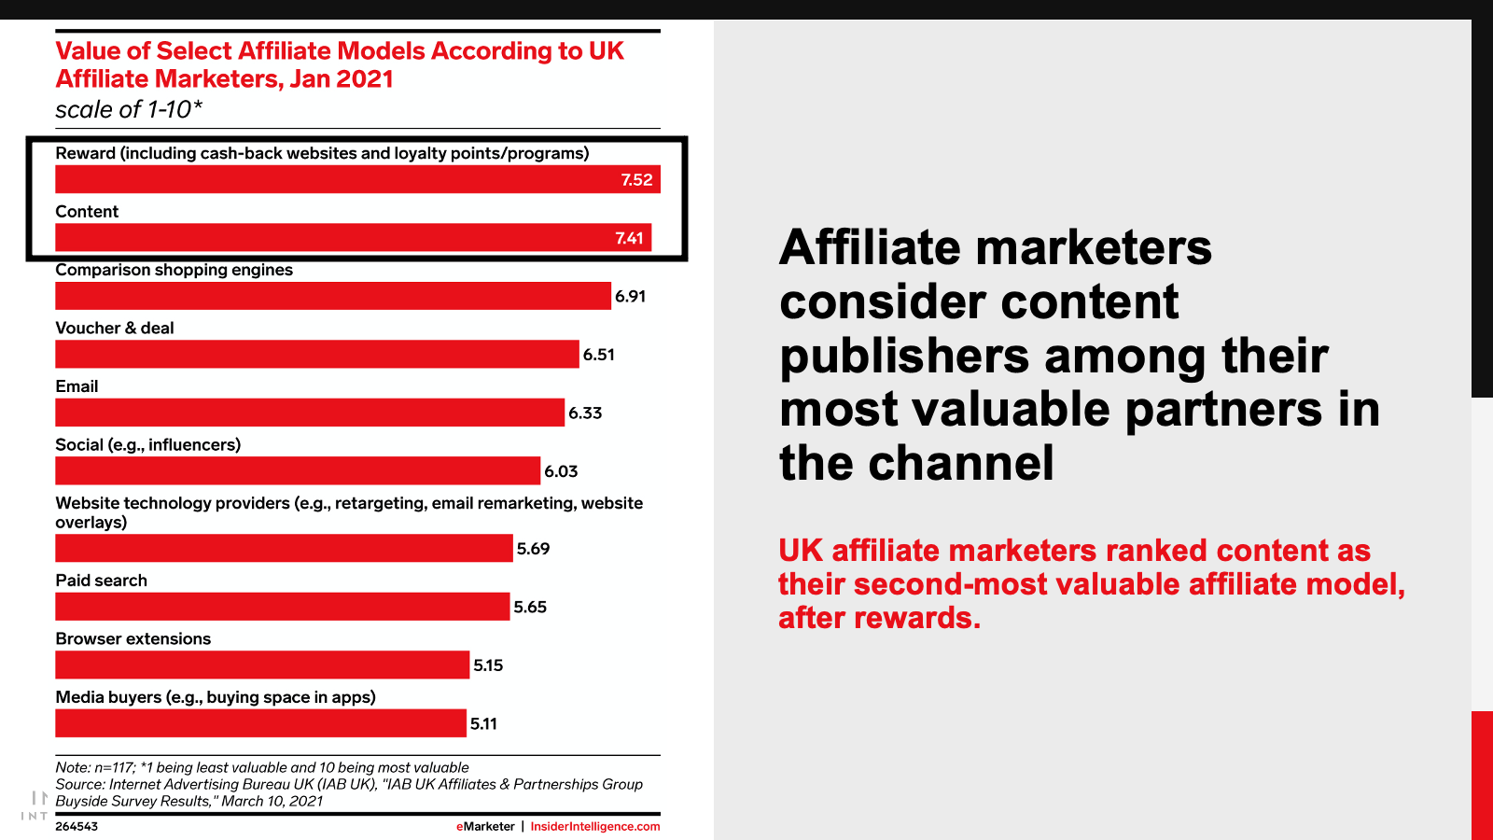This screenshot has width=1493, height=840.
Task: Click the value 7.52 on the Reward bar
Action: pos(636,180)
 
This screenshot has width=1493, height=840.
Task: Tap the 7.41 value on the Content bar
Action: pos(629,238)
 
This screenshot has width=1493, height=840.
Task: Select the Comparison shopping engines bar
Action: pos(333,296)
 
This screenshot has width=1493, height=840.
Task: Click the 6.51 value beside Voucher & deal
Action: pos(598,355)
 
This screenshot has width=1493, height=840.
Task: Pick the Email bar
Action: pos(310,413)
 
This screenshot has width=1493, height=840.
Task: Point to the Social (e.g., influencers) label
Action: pos(148,444)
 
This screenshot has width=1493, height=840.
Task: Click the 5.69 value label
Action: pos(533,549)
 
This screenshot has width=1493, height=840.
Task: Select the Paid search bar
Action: pos(283,607)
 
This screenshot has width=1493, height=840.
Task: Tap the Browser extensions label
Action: pos(133,638)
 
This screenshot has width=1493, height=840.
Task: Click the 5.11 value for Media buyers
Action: pos(483,723)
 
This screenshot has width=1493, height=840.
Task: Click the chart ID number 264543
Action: pos(77,827)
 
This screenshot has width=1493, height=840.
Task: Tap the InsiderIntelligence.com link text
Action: pos(595,827)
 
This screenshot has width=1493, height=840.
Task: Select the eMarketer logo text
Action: pos(485,827)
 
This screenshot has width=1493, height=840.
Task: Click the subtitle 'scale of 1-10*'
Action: pos(129,109)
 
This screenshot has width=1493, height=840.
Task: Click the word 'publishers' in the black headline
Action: pos(904,356)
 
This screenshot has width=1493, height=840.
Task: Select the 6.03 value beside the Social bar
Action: pos(561,471)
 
